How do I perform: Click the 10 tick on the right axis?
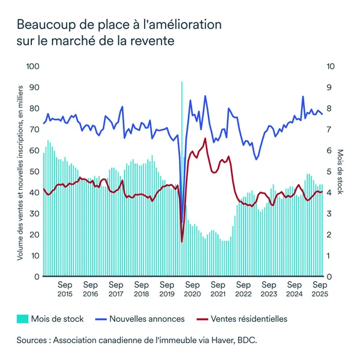(332, 66)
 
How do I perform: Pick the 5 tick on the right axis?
(330, 172)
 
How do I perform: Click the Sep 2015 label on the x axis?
(65, 288)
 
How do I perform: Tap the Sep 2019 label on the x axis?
(167, 288)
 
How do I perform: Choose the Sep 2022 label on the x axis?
(244, 288)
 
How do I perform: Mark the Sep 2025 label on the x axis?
(320, 288)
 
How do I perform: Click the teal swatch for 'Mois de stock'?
(24, 319)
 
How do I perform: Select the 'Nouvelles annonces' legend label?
(147, 319)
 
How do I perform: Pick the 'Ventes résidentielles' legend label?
(249, 319)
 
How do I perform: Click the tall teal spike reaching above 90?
(182, 85)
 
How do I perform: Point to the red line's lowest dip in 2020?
(182, 241)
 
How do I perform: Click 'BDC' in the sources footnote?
(247, 341)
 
